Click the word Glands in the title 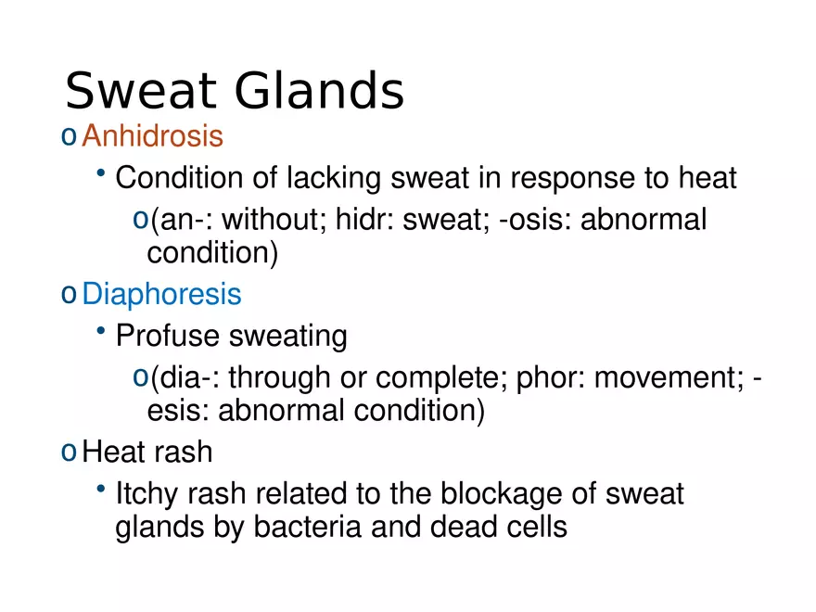point(319,91)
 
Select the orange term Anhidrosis point(152,135)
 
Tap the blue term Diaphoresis point(162,294)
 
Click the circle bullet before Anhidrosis point(69,137)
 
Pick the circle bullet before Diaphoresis point(69,295)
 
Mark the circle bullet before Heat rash point(69,453)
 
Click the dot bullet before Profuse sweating point(101,330)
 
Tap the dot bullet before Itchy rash point(101,488)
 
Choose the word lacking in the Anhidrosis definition point(334,178)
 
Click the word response point(572,178)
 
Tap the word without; point(274,219)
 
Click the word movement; point(669,377)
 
